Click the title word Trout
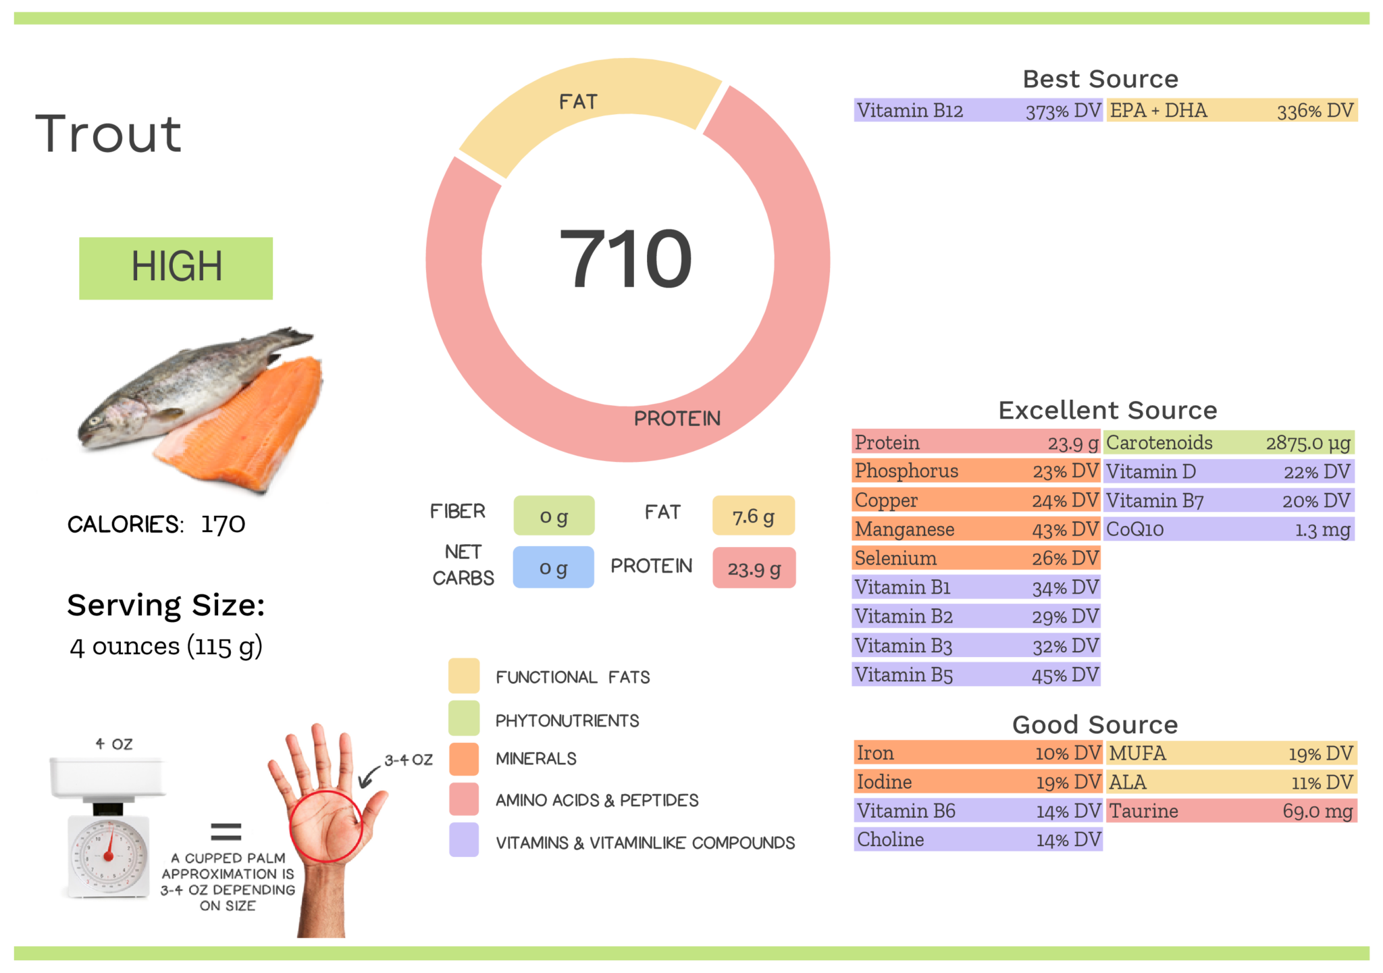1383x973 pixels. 109,134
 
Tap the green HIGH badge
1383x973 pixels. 176,267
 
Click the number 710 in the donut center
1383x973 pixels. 626,259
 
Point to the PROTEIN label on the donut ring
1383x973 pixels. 677,419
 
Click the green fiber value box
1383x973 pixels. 554,516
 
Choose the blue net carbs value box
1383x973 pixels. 553,568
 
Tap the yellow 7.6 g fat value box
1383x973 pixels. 753,516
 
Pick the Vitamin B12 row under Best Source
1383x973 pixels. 977,111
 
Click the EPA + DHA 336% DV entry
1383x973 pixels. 1231,111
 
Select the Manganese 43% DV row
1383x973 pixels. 976,529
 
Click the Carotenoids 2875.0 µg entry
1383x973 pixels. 1228,443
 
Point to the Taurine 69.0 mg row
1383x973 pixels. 1231,811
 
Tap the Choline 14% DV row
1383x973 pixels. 977,840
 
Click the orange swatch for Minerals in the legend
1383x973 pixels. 464,759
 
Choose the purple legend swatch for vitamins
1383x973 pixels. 464,840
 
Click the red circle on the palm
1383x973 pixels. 326,826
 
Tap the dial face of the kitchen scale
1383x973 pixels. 109,856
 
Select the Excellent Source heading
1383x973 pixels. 1107,410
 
